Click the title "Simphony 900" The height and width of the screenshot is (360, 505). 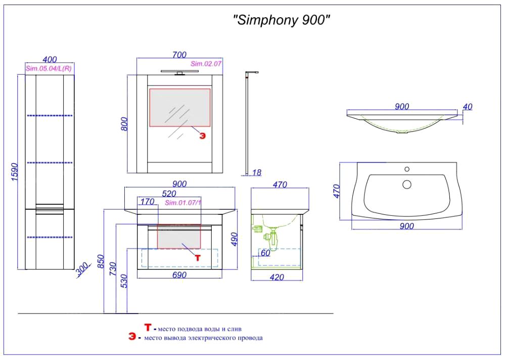click(x=282, y=21)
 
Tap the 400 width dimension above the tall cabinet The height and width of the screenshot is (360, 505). click(x=50, y=60)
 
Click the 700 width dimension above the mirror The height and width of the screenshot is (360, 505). click(x=179, y=55)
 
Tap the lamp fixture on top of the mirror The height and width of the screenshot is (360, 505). click(x=179, y=73)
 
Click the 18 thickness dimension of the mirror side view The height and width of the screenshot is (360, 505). click(x=256, y=172)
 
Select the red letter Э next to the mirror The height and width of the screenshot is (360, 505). click(x=202, y=136)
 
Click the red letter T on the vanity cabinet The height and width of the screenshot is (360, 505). click(x=198, y=257)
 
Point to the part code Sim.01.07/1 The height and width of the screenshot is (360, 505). click(x=183, y=203)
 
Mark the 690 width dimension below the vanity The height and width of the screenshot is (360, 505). click(x=179, y=275)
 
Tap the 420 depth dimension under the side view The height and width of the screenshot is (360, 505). click(x=276, y=277)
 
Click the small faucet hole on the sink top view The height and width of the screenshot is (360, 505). click(x=406, y=169)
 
